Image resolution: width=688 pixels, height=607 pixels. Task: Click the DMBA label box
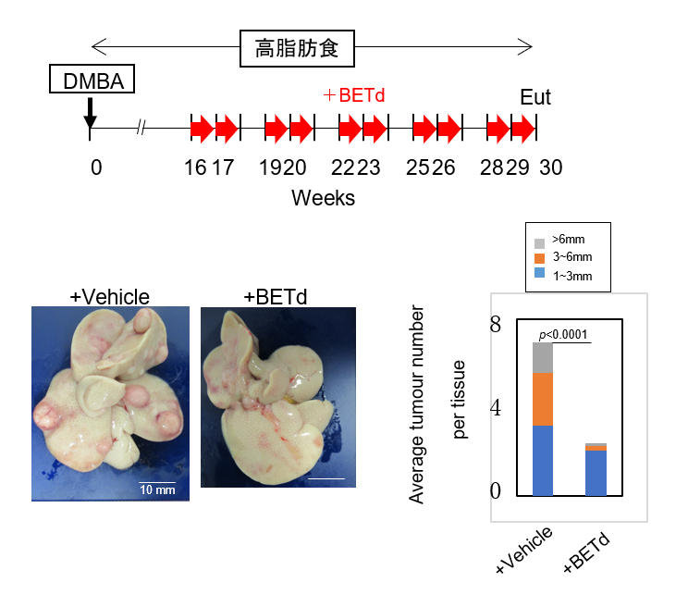92,79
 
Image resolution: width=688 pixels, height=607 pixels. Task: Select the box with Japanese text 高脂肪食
297,48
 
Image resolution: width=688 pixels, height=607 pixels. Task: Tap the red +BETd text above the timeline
353,95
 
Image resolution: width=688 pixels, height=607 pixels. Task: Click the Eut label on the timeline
535,97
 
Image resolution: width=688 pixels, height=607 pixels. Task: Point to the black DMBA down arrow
90,112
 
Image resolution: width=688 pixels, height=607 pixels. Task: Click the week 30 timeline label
550,167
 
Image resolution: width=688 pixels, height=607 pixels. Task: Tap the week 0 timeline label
96,167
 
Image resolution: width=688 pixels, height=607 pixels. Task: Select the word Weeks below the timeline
323,198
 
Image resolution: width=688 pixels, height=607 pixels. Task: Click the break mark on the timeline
141,128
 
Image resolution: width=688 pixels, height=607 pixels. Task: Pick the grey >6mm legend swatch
540,243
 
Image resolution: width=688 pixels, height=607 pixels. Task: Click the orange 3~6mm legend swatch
540,258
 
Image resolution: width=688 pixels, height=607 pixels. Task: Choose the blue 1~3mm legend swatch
540,273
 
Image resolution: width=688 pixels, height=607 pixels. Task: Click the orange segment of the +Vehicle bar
543,400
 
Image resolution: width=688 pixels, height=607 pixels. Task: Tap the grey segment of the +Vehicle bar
543,358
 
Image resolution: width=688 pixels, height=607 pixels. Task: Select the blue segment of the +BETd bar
596,473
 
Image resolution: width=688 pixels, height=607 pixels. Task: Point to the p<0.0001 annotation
563,335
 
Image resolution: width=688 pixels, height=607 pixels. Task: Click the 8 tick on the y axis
496,325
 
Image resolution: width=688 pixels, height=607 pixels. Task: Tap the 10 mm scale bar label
157,489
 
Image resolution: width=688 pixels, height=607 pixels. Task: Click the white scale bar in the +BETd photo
326,478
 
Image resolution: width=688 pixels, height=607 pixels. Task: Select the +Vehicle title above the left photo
110,297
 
